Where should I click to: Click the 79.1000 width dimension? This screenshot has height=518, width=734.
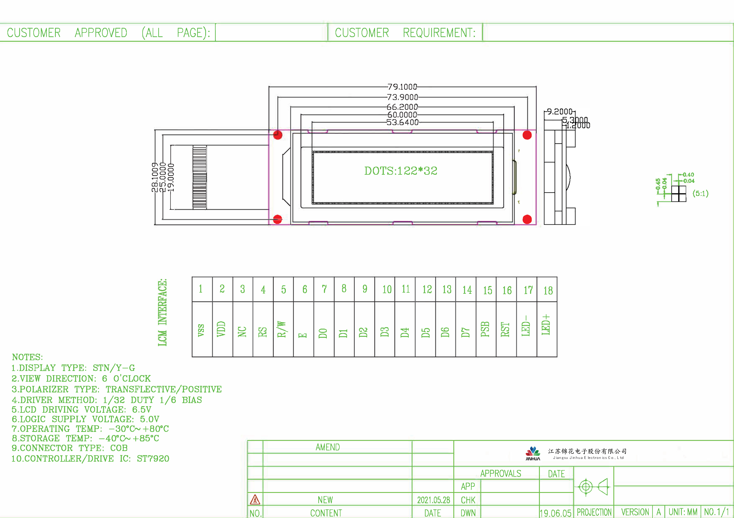click(x=402, y=87)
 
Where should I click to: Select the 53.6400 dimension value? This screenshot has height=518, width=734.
click(x=402, y=122)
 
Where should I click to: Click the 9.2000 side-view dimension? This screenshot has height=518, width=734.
click(x=559, y=112)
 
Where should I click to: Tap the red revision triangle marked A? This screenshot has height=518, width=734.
click(x=255, y=499)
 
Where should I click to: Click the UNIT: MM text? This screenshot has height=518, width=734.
click(x=683, y=512)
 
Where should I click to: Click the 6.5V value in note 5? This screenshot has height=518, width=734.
click(x=142, y=410)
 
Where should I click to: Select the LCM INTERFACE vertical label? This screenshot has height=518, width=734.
click(x=162, y=312)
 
